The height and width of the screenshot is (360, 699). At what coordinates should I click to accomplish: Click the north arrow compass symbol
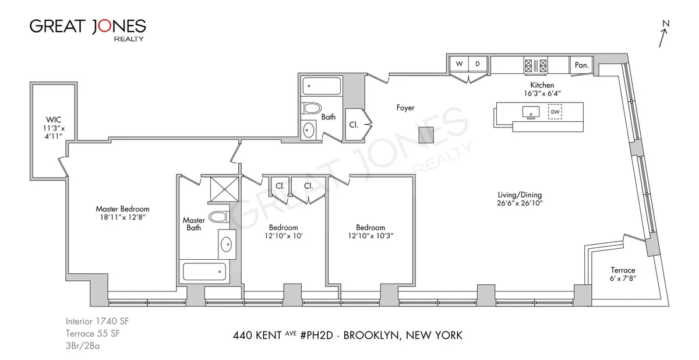(x=663, y=34)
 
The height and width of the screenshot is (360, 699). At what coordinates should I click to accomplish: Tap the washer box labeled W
(x=458, y=64)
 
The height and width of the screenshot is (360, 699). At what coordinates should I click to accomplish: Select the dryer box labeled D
(x=477, y=64)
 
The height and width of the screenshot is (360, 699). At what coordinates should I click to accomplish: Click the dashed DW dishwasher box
(x=555, y=111)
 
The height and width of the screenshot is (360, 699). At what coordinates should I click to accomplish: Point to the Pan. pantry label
(x=581, y=65)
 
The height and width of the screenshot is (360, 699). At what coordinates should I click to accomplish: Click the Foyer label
(x=405, y=108)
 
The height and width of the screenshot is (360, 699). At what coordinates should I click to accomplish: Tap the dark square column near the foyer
(x=426, y=134)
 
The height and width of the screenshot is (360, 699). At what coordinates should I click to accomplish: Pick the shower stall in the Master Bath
(x=221, y=188)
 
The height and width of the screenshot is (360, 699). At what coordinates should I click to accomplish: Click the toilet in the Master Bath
(x=217, y=217)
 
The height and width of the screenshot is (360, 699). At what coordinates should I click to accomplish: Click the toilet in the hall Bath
(x=312, y=108)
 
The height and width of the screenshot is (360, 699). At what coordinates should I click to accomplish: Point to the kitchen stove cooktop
(x=536, y=65)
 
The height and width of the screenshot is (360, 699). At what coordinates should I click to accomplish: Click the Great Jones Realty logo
(x=87, y=29)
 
